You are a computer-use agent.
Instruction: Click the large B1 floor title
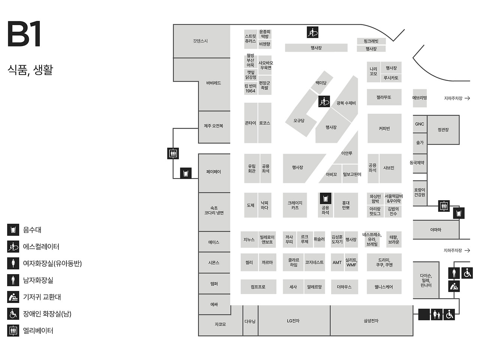24,34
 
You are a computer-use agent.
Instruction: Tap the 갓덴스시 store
200,41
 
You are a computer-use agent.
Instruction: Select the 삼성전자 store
371,321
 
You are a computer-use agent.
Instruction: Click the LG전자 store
293,321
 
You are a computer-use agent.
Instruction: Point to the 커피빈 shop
384,128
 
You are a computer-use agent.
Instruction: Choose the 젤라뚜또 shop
384,97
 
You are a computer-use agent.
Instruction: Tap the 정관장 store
443,130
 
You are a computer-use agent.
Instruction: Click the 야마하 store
435,229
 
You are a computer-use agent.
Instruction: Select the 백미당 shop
321,83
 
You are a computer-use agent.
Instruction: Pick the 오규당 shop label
299,121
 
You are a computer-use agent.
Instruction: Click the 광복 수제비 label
346,103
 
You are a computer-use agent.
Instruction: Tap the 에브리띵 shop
420,98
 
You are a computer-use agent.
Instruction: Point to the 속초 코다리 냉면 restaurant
214,210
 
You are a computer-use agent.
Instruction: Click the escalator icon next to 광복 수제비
324,101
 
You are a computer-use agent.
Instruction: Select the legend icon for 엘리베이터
13,330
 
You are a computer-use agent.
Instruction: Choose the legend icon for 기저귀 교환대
13,297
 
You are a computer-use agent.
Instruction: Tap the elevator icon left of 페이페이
173,153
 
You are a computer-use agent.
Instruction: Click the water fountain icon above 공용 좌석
325,198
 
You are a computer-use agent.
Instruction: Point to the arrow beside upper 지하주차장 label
467,98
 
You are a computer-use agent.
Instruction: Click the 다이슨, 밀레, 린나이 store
426,280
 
